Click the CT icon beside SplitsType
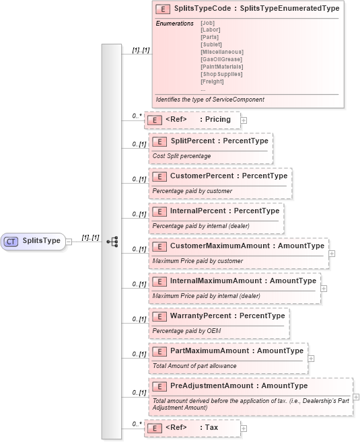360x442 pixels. tap(11, 240)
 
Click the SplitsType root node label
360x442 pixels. tap(42, 240)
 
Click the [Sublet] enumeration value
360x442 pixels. tap(211, 44)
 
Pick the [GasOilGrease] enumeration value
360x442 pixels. tap(221, 59)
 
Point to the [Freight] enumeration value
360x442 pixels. tap(212, 81)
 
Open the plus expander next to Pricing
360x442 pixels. tap(244, 120)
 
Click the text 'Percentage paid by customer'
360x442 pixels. tap(192, 191)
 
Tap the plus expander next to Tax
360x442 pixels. tap(244, 428)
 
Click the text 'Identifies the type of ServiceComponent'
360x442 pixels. tap(210, 100)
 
